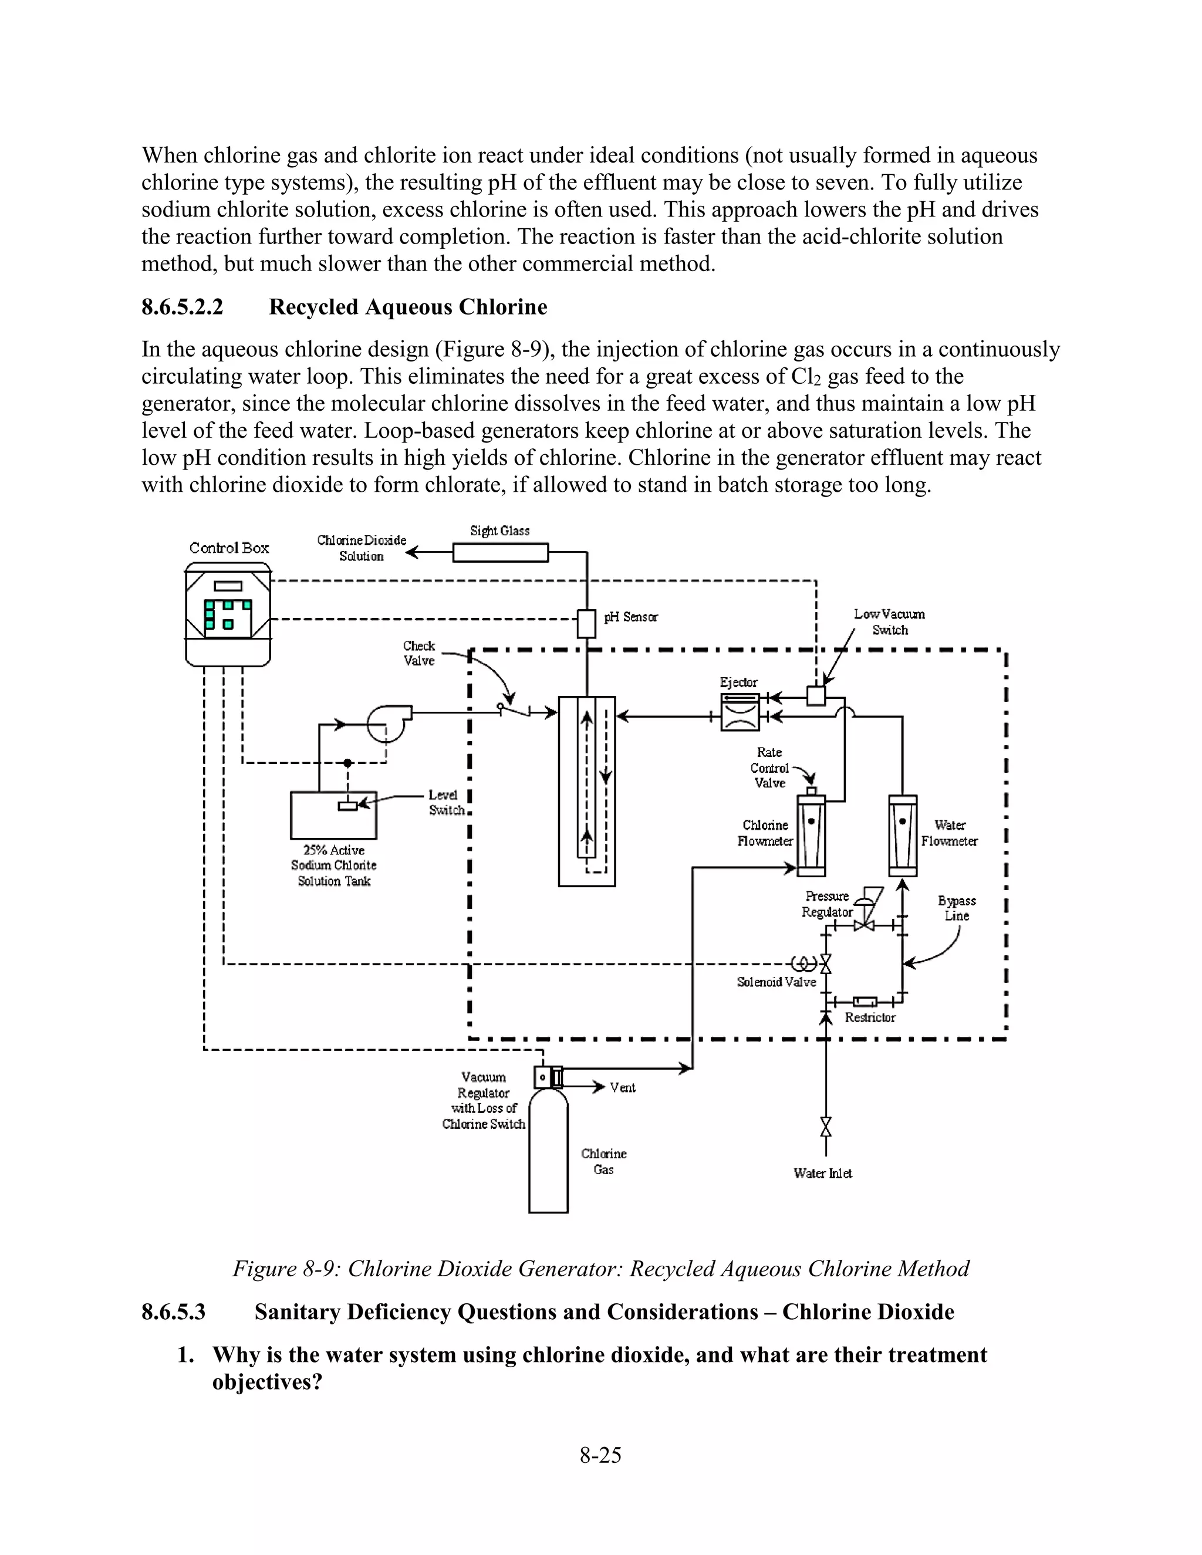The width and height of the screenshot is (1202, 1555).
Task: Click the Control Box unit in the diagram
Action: click(x=228, y=614)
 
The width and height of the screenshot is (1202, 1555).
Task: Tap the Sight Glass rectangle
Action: click(x=501, y=553)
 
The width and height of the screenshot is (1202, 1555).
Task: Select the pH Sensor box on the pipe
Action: click(x=586, y=624)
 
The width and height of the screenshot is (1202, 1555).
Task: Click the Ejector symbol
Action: click(x=740, y=711)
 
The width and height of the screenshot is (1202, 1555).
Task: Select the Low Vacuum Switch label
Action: click(x=889, y=621)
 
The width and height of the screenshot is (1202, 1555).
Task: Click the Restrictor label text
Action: click(x=869, y=1017)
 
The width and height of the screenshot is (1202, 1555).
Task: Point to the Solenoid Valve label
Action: click(x=776, y=982)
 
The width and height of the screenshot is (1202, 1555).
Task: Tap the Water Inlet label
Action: click(x=822, y=1174)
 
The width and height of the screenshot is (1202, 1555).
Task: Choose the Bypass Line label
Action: click(x=956, y=908)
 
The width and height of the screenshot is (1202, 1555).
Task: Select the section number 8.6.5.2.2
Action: click(x=183, y=307)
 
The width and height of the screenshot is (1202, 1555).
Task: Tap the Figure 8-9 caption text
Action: click(x=600, y=1268)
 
